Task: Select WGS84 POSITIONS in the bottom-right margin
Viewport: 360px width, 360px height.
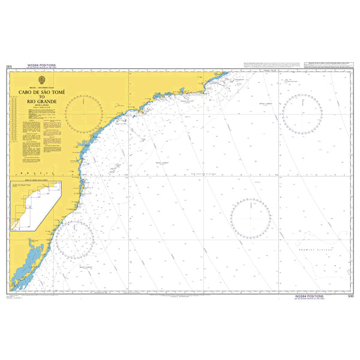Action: tap(308, 295)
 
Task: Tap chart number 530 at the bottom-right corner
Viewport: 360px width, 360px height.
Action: tap(351, 295)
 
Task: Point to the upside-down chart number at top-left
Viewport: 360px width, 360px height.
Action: tap(8, 67)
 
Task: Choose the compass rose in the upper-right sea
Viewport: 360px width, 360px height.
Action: tap(302, 112)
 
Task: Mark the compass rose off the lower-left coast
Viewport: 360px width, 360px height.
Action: tap(74, 239)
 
